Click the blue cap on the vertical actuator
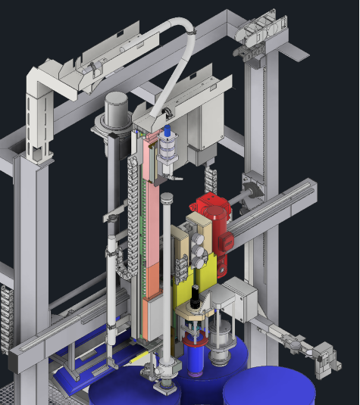point(167,132)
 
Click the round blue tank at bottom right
point(269,388)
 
